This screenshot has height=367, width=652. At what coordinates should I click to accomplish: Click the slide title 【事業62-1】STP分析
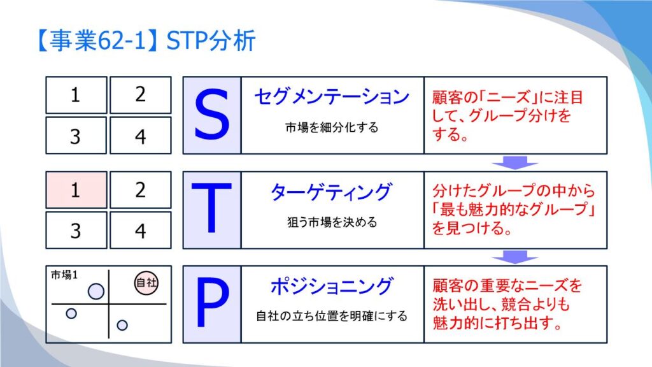146,41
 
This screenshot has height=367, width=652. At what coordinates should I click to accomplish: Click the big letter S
211,115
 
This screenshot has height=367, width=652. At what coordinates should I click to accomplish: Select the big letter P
212,303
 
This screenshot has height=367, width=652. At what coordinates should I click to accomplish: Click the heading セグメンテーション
332,97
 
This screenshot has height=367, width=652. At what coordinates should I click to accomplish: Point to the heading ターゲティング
331,192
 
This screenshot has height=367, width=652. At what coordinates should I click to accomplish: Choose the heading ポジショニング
331,286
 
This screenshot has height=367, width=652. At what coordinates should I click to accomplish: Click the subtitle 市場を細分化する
332,127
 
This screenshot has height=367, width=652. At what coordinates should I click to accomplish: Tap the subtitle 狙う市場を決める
332,222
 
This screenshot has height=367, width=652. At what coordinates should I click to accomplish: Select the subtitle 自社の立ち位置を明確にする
331,316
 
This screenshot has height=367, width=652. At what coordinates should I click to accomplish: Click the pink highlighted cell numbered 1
76,190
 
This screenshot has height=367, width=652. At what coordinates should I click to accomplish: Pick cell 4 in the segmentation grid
141,135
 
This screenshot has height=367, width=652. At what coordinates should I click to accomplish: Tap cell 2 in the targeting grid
141,190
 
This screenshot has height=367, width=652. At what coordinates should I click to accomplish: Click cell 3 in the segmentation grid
76,135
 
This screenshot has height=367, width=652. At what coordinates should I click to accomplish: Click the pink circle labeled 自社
146,283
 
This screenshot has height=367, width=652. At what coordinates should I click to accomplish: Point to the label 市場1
64,275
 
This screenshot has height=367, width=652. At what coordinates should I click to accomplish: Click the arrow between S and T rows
514,162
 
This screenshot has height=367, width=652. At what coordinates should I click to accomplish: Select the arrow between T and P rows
514,257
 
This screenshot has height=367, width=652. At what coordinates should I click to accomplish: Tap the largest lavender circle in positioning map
96,291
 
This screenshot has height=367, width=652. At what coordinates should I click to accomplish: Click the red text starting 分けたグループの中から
514,209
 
